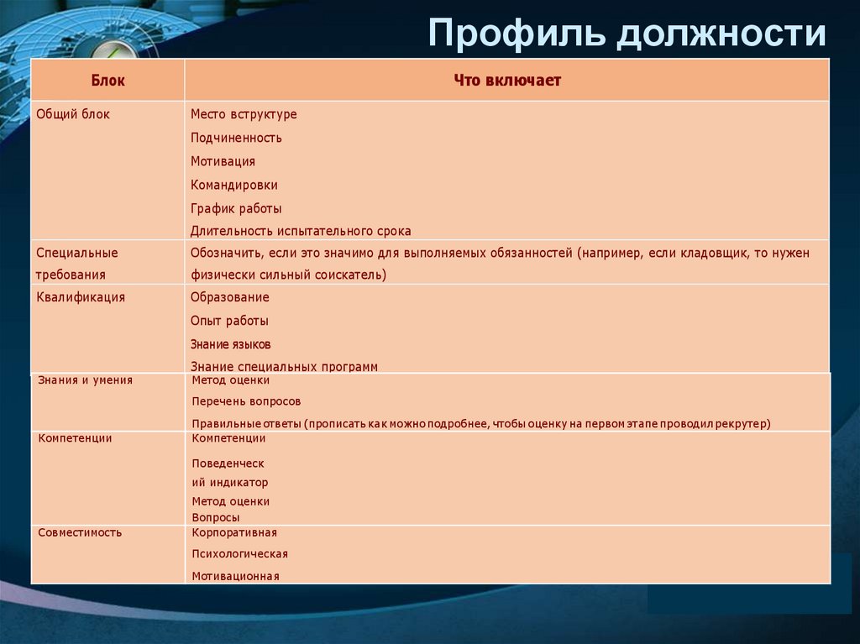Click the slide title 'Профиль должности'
tap(627, 34)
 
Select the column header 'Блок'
tap(107, 81)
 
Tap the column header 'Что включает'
tap(506, 81)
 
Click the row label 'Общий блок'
tap(73, 114)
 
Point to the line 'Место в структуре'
tap(244, 114)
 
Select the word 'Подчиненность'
tap(236, 138)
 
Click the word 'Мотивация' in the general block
tap(223, 161)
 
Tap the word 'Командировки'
tap(233, 185)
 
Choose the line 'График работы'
tap(236, 208)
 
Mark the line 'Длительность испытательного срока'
tap(301, 231)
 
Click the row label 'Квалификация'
tap(81, 297)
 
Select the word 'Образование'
tap(229, 297)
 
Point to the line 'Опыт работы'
tap(229, 321)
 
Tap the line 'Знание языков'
tap(230, 344)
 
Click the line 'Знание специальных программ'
tap(284, 367)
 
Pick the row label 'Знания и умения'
tap(85, 380)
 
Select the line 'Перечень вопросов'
tap(246, 401)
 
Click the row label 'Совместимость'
tap(80, 532)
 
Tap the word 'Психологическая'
tap(239, 554)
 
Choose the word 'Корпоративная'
tap(234, 532)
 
